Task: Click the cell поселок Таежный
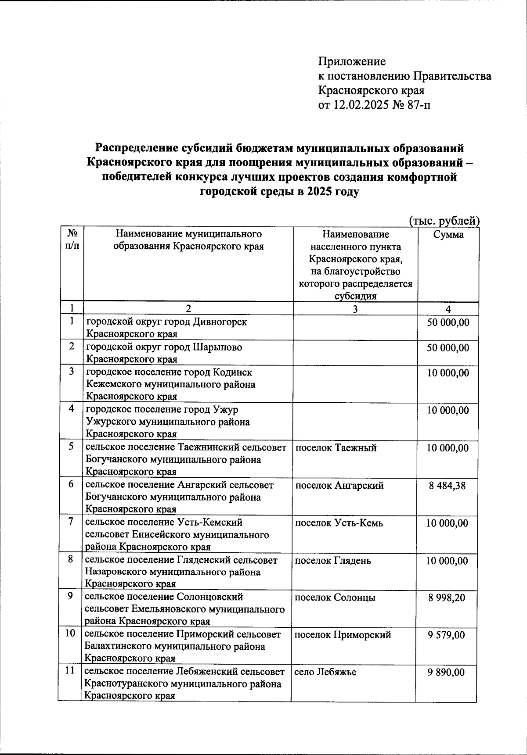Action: pyautogui.click(x=336, y=448)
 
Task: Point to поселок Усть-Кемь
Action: pyautogui.click(x=339, y=523)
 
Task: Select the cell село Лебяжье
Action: pyautogui.click(x=325, y=672)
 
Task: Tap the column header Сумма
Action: pyautogui.click(x=448, y=235)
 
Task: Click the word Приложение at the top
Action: pyautogui.click(x=352, y=61)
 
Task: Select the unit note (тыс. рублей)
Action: pyautogui.click(x=444, y=221)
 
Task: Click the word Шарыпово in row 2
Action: pyautogui.click(x=217, y=347)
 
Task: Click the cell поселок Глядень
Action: pyautogui.click(x=333, y=561)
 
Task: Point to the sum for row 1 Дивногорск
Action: pyautogui.click(x=448, y=323)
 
